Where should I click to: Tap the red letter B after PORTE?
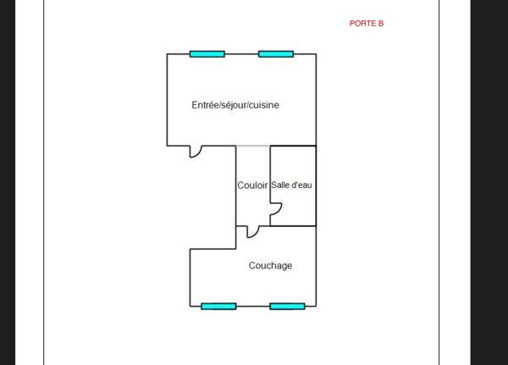click(x=381, y=24)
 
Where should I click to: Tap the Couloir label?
click(x=252, y=185)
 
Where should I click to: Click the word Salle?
click(x=279, y=185)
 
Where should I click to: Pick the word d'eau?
click(x=301, y=185)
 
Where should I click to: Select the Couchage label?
click(x=271, y=266)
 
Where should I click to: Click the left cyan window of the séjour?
click(x=207, y=54)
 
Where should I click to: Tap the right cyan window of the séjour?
click(x=276, y=54)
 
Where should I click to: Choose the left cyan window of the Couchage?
click(x=218, y=307)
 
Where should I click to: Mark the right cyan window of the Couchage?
click(x=287, y=307)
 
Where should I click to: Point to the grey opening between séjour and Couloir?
click(x=252, y=146)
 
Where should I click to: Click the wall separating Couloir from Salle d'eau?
click(x=270, y=185)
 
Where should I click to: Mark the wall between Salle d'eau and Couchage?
click(x=293, y=226)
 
